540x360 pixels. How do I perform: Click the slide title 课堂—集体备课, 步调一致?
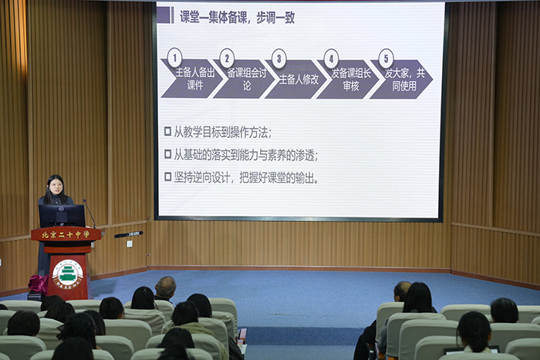tap(238, 17)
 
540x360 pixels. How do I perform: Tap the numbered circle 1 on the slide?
tap(174, 58)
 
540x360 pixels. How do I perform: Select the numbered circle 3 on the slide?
tap(279, 59)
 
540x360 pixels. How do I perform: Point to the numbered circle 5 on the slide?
tap(386, 59)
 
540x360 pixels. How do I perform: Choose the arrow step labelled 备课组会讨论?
tap(245, 79)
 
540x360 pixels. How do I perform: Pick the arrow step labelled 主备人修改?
tap(296, 79)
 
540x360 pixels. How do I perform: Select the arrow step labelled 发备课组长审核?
tap(349, 79)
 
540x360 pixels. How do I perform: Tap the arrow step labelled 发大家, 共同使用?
tap(402, 79)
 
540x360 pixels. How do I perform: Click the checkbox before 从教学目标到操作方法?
tap(167, 131)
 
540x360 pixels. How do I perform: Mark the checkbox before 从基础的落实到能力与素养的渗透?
tap(167, 154)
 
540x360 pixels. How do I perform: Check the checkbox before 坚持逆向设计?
tap(167, 177)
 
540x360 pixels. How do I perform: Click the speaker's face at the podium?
tap(56, 187)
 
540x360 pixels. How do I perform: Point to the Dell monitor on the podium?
tap(62, 216)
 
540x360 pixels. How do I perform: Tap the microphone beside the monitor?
tap(89, 213)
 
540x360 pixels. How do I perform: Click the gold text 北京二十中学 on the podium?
tap(66, 234)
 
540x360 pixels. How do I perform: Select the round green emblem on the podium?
tap(68, 274)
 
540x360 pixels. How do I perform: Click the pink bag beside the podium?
tap(38, 284)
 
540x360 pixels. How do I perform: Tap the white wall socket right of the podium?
tap(129, 244)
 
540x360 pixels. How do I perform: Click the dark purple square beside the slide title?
tap(164, 15)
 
